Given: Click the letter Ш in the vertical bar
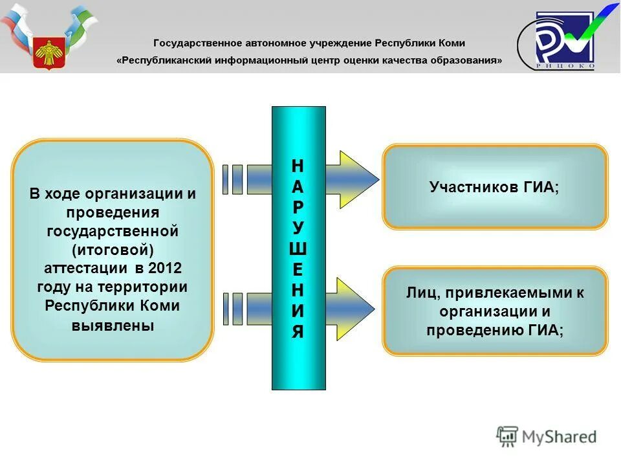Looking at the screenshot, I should pyautogui.click(x=298, y=249).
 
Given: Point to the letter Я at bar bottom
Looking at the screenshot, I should pyautogui.click(x=298, y=333).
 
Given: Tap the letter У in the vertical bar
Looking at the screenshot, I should pyautogui.click(x=298, y=228).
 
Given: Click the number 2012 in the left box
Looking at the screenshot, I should pyautogui.click(x=165, y=268).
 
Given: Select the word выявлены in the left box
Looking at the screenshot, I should pyautogui.click(x=113, y=325).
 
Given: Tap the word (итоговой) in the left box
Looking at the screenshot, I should pyautogui.click(x=113, y=249).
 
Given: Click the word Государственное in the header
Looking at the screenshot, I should pyautogui.click(x=198, y=43).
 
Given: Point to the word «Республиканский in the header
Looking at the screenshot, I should pyautogui.click(x=168, y=60).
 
